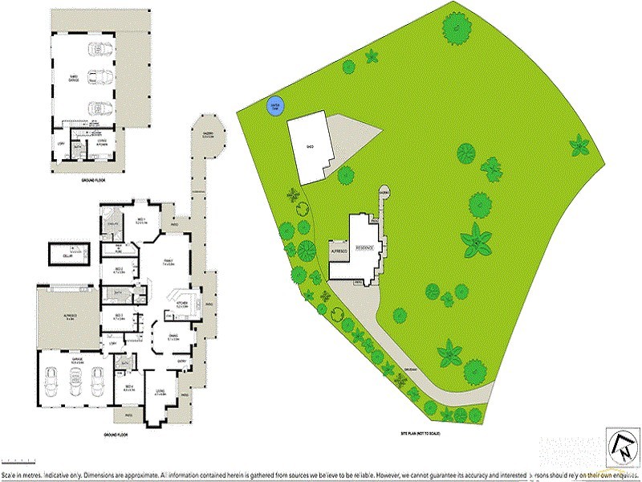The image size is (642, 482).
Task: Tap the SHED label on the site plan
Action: [x=309, y=147]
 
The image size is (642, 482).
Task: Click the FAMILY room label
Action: [x=169, y=263]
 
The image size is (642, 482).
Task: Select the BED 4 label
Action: [x=128, y=390]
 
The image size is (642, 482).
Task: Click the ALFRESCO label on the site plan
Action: [x=339, y=251]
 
